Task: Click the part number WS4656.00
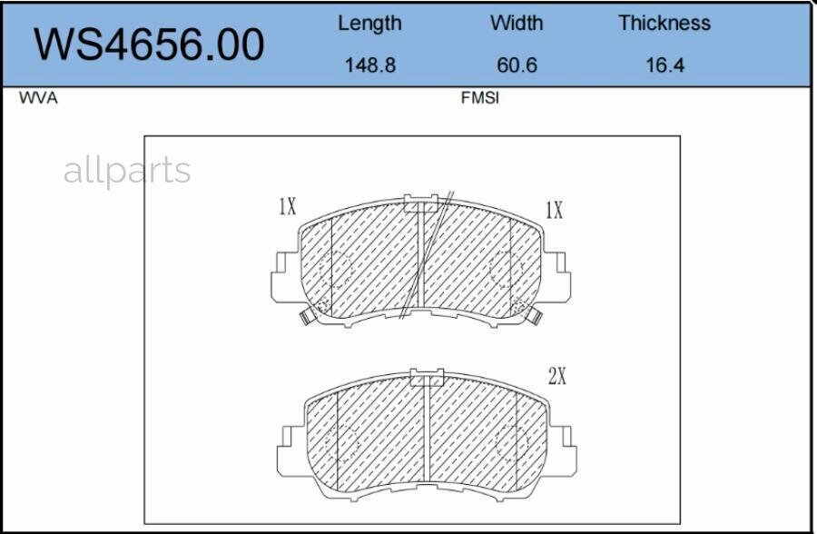tap(150, 44)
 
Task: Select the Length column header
tap(369, 24)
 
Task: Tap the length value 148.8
tap(369, 65)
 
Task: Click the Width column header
tap(516, 24)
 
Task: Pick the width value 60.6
tap(516, 65)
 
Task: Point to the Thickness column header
tap(664, 24)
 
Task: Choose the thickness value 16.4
tap(664, 65)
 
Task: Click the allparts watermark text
tap(127, 171)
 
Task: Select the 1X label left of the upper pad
tap(287, 207)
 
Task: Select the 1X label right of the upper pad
tap(554, 211)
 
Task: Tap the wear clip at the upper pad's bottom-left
tap(304, 317)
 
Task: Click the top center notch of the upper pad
tap(420, 203)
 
